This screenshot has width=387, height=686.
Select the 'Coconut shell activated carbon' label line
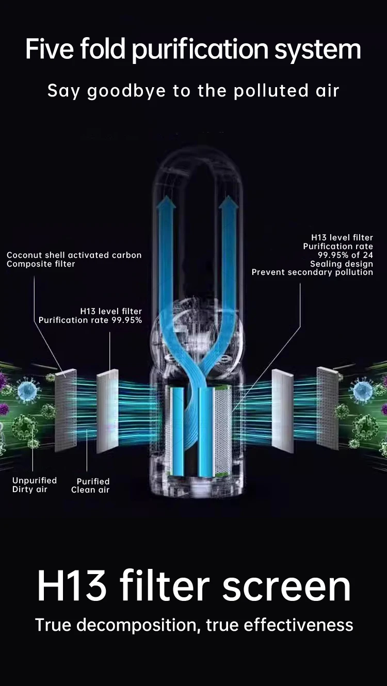point(74,255)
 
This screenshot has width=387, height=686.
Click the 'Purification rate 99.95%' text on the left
point(90,320)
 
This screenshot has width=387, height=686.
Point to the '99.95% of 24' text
point(345,255)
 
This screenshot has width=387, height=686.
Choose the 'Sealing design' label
point(341,264)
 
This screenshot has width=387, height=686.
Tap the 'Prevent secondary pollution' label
point(312,272)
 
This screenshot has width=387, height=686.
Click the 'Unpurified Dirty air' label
point(34,485)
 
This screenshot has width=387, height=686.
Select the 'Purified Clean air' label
point(91,486)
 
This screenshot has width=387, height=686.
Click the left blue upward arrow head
point(166,205)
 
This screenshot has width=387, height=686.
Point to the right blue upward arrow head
point(228,205)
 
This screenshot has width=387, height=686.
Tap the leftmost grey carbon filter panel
point(66,407)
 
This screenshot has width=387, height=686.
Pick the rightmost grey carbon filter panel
point(328,407)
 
